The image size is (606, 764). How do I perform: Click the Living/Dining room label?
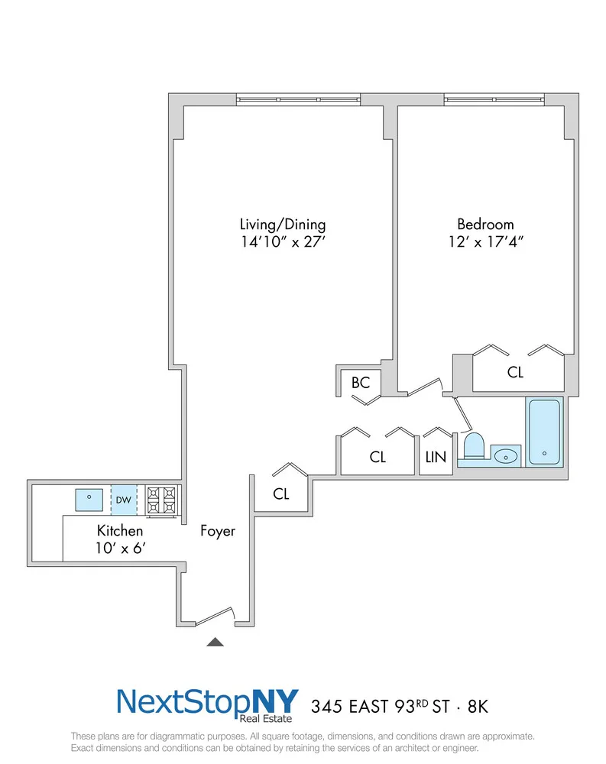(x=283, y=225)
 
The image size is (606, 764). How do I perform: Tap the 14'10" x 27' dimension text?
(x=283, y=241)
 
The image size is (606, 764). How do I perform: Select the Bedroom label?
(x=485, y=224)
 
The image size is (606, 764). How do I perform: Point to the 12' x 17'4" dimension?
(x=486, y=241)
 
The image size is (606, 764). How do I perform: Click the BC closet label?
(x=361, y=383)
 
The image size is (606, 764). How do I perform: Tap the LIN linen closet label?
(x=436, y=457)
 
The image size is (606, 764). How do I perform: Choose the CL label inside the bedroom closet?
(x=515, y=372)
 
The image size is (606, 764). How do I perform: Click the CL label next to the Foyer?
(x=281, y=494)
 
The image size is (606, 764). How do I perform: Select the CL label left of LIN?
(x=378, y=457)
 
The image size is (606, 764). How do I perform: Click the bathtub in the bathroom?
(x=544, y=432)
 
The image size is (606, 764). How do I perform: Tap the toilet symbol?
(x=473, y=446)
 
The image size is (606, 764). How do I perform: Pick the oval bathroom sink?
(x=506, y=457)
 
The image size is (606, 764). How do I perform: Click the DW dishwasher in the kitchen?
(x=124, y=500)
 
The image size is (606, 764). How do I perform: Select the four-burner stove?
(x=161, y=500)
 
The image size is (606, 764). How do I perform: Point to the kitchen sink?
(x=89, y=500)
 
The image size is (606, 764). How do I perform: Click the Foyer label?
(x=218, y=531)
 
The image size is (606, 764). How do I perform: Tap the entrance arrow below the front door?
(x=215, y=642)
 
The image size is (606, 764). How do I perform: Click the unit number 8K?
(x=478, y=707)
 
